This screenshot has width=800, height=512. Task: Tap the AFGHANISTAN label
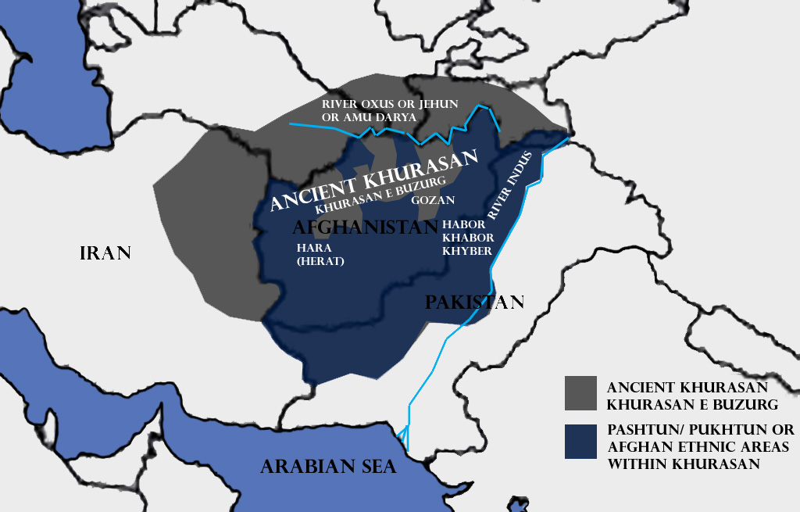coord(364,227)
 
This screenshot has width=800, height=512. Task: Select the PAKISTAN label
coord(474,303)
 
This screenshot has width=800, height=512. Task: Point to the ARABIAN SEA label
coord(328,467)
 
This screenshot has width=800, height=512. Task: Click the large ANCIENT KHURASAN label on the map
coord(373,181)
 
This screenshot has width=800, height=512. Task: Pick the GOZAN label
coord(433,200)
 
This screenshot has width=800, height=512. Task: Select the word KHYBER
coord(466,251)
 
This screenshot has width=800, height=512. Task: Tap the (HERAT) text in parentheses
coord(320,261)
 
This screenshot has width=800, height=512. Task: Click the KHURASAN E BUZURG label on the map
coord(380,195)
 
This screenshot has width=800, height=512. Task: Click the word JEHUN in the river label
coord(436,104)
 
